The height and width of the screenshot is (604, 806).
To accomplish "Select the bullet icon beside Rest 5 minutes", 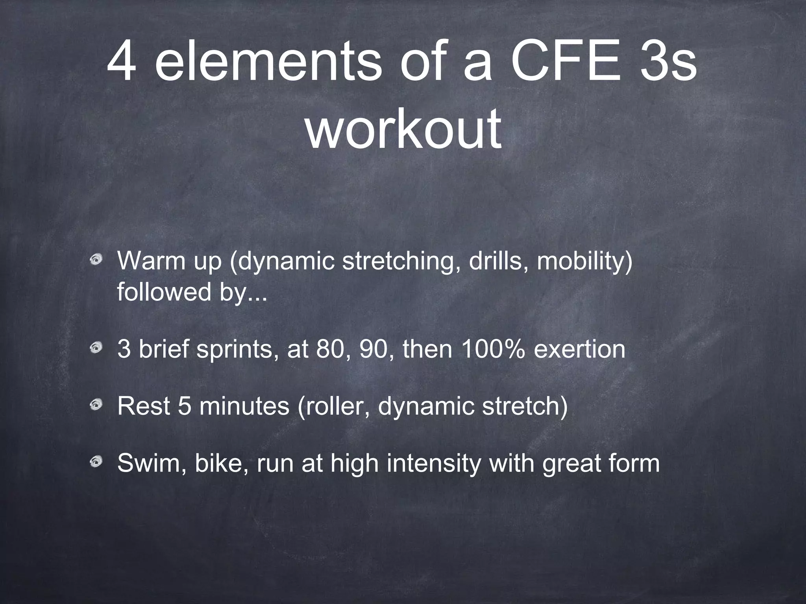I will (96, 405).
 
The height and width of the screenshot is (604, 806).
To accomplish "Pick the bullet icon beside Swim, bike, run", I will (96, 462).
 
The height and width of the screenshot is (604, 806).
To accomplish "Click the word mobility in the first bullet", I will (584, 261).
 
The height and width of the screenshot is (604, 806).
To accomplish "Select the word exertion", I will (579, 348).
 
